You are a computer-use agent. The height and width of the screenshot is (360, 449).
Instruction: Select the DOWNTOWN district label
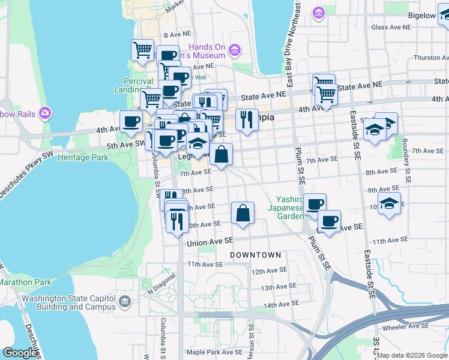(x=256, y=255)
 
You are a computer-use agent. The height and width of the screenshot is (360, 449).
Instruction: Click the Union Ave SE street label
(x=209, y=242)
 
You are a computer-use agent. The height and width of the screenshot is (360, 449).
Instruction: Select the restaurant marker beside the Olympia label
(x=247, y=119)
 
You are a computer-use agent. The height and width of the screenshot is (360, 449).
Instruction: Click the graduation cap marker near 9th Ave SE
(x=389, y=203)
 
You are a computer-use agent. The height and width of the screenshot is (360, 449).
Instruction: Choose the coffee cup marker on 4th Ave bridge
(x=131, y=121)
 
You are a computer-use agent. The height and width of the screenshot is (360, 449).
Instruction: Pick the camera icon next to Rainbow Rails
(x=44, y=112)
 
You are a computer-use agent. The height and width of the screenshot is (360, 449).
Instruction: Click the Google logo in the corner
(x=20, y=353)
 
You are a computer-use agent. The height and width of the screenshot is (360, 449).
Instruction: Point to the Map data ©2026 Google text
(x=412, y=356)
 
